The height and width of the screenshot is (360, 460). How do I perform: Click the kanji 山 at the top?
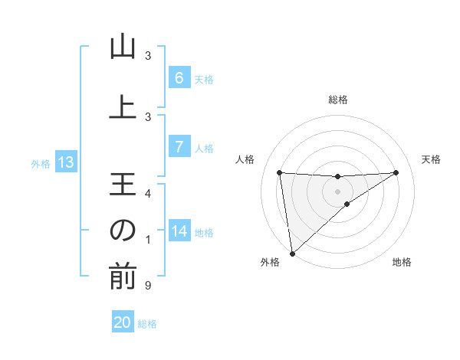click(123, 49)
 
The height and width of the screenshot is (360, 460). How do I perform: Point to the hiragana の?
click(123, 231)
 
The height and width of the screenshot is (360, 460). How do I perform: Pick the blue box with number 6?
click(179, 78)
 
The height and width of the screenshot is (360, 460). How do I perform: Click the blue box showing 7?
click(179, 147)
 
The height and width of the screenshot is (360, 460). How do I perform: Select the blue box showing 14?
click(179, 231)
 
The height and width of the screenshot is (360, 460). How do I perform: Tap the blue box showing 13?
click(66, 162)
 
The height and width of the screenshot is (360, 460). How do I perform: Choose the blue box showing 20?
click(123, 322)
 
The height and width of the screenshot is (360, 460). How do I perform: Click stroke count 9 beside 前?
click(148, 286)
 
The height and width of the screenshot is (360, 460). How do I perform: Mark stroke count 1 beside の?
click(148, 241)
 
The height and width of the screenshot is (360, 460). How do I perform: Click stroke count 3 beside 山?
click(148, 56)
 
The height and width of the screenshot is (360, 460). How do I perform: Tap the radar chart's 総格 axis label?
click(338, 100)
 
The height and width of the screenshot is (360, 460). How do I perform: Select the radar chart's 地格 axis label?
click(402, 263)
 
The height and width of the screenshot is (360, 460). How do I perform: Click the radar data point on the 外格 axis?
click(291, 254)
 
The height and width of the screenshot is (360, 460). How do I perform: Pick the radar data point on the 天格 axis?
click(396, 172)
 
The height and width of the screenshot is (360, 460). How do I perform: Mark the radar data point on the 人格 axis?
click(280, 172)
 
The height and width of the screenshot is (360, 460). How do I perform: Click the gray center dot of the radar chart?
click(338, 191)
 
